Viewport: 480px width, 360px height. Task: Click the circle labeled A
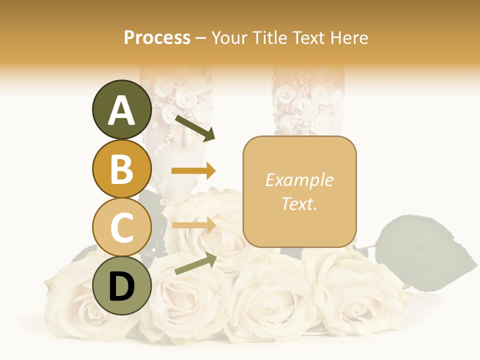tap(122, 109)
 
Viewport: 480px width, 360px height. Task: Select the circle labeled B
tap(122, 168)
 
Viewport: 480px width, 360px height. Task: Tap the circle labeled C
tap(122, 227)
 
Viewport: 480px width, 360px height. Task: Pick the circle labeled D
tap(122, 286)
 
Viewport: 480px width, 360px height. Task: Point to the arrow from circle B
tap(193, 171)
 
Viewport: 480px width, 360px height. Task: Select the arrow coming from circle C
tap(193, 225)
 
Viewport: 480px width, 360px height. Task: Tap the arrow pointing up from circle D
tap(195, 263)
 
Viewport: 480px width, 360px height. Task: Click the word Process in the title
tap(157, 37)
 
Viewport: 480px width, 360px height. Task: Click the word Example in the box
tap(299, 180)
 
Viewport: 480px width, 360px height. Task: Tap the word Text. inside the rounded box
tap(299, 203)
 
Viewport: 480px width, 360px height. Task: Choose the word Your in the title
tap(229, 37)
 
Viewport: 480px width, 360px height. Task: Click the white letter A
tap(122, 110)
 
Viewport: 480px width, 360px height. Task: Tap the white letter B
tap(122, 169)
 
